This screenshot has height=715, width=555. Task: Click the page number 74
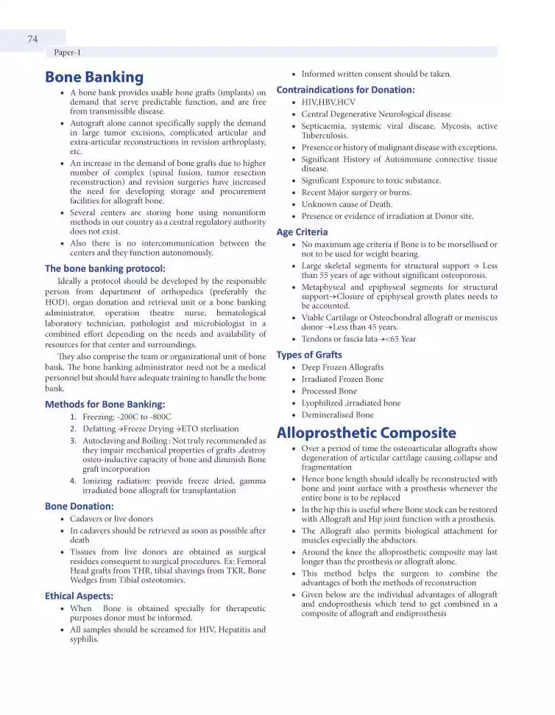tap(32, 39)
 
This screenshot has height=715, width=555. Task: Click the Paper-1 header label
tap(68, 53)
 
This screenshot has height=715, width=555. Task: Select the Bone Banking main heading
tap(94, 77)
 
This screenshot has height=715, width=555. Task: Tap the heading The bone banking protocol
tap(105, 268)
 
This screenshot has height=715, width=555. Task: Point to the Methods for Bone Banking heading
tap(105, 404)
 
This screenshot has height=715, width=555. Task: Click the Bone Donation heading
tap(79, 506)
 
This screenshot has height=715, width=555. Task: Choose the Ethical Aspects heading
tap(79, 596)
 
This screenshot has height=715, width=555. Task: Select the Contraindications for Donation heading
tap(345, 90)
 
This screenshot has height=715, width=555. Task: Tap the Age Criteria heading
tap(302, 232)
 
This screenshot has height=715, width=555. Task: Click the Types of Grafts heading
tap(309, 355)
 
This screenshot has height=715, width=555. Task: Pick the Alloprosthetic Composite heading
tap(366, 433)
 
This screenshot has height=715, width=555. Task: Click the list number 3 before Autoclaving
tap(74, 441)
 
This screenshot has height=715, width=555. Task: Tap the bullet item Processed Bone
tap(329, 391)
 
